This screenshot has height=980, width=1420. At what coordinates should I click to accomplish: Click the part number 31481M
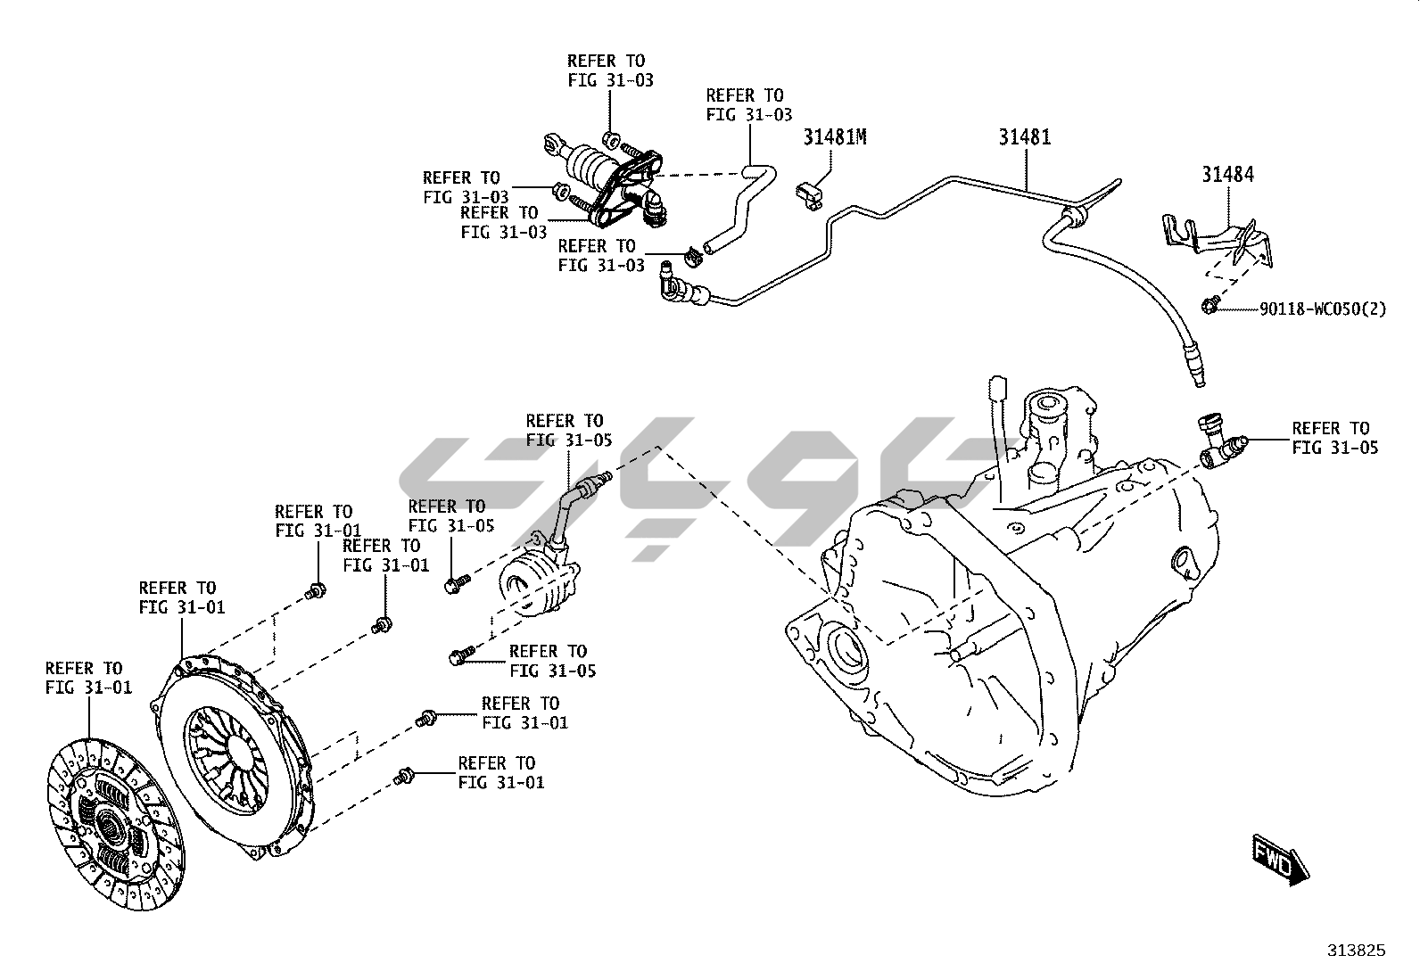(x=835, y=137)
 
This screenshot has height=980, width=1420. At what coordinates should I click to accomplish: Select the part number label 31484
(x=1226, y=175)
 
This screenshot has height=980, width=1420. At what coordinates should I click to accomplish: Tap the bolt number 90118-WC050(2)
(x=1323, y=309)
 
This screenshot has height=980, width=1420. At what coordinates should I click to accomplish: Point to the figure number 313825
(x=1356, y=951)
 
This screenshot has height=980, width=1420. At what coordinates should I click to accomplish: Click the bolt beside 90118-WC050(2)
(x=1209, y=306)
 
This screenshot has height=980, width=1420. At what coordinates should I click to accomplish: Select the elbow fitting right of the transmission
(x=1220, y=442)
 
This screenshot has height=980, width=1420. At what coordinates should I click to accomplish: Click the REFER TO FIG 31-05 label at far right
(x=1334, y=438)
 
